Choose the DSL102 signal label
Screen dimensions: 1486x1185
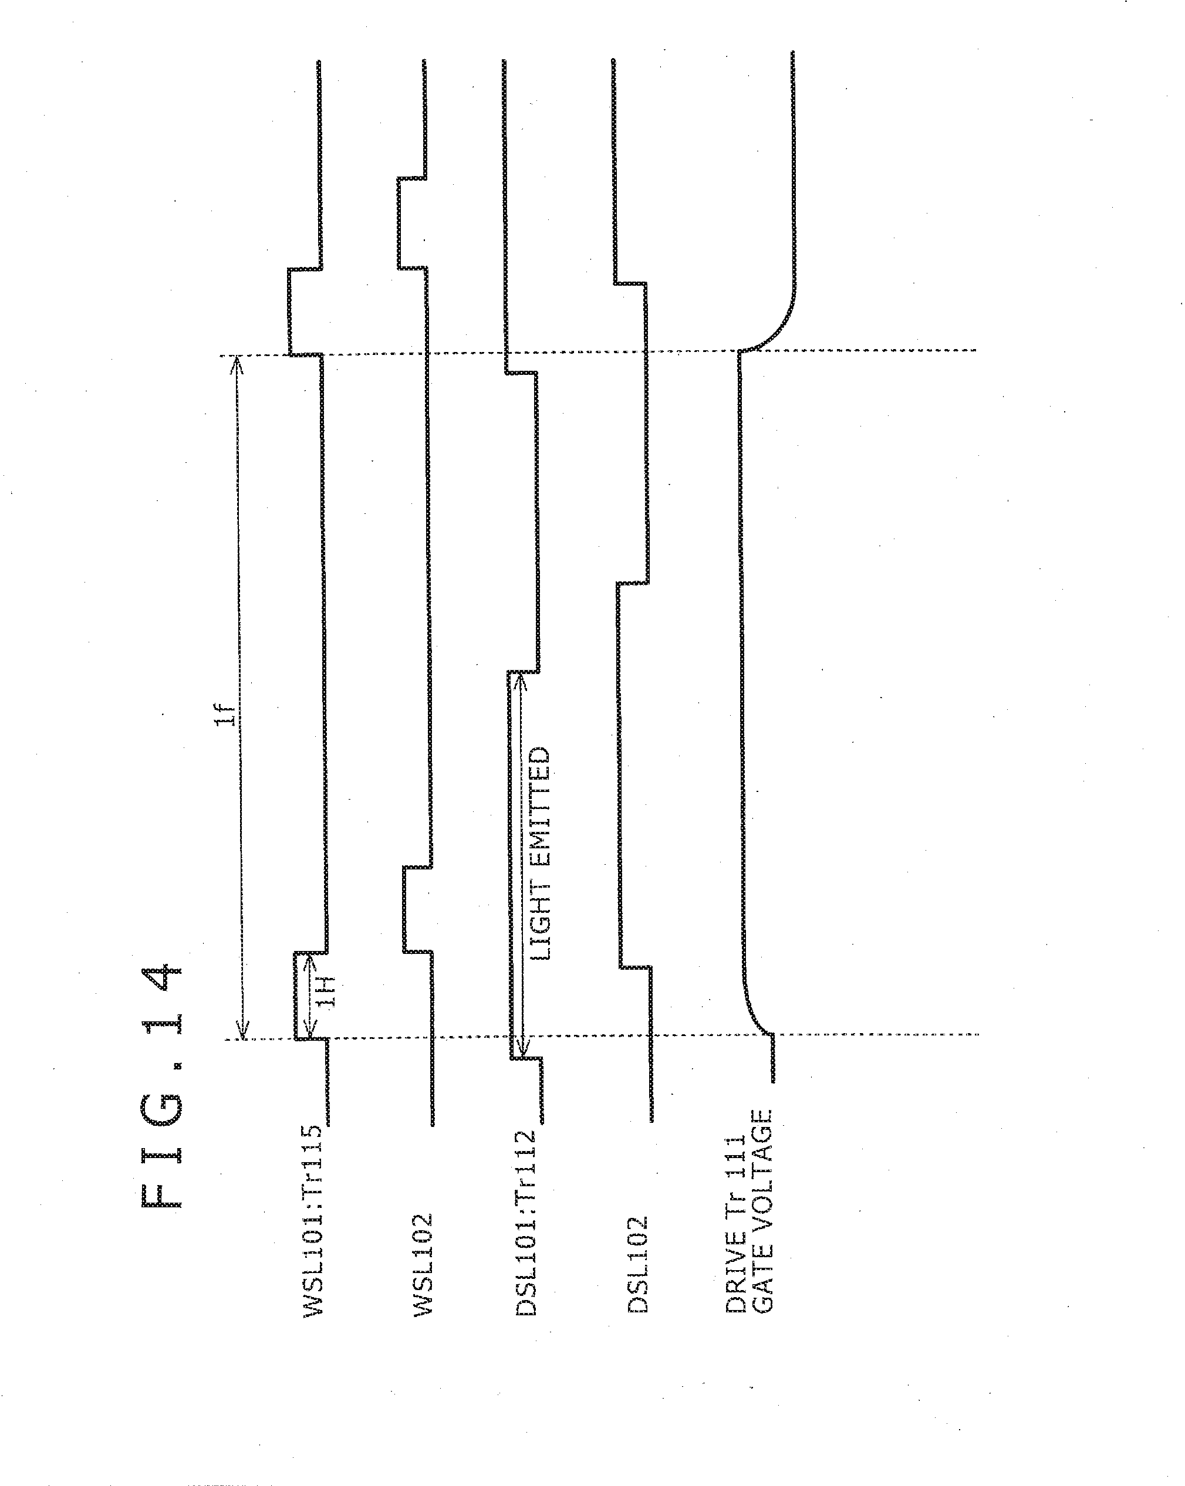tap(637, 1265)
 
